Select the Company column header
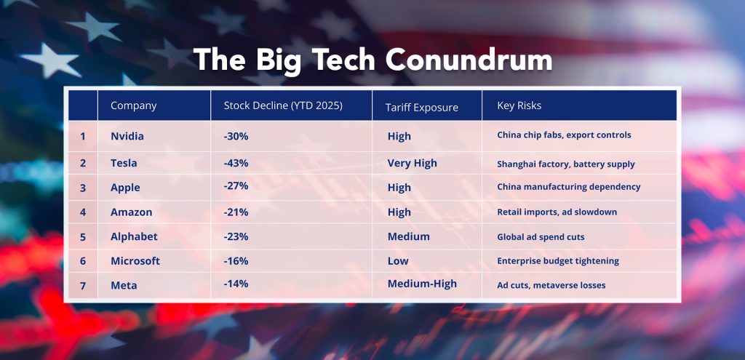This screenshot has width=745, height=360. (133, 106)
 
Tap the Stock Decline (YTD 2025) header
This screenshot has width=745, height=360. (283, 106)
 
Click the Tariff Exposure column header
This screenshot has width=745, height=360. (421, 108)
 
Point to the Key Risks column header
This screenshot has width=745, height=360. (519, 106)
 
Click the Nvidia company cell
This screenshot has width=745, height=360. (128, 136)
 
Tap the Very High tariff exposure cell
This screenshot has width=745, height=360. (412, 163)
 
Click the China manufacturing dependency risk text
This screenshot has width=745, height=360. (568, 187)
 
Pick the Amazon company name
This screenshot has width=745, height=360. (131, 212)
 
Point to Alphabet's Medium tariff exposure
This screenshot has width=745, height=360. (408, 236)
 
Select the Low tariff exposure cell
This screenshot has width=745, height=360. (398, 260)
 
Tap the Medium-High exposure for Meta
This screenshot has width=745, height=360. (422, 284)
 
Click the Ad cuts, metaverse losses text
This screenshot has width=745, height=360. (551, 285)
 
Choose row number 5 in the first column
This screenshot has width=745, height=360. (83, 236)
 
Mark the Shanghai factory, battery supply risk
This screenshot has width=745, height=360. (566, 164)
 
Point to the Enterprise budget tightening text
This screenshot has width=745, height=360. (557, 260)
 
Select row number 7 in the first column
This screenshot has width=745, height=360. (83, 285)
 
